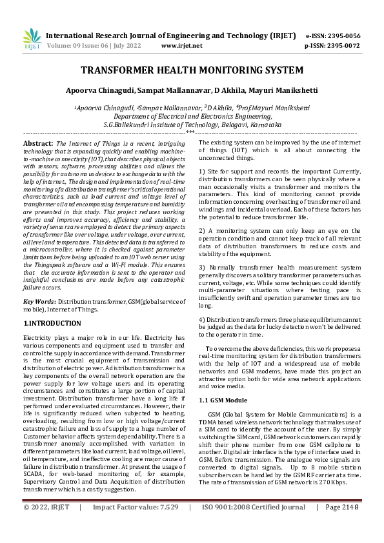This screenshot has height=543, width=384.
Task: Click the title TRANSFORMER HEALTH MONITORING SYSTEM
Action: click(x=192, y=70)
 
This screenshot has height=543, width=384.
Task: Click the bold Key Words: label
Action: click(x=40, y=302)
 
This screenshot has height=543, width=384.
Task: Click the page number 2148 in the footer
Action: click(x=342, y=526)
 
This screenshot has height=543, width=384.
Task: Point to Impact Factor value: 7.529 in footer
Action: click(x=136, y=526)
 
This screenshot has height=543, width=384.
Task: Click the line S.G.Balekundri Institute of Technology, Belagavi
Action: click(x=192, y=124)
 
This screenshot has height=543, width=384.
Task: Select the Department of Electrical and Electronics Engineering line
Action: click(x=192, y=116)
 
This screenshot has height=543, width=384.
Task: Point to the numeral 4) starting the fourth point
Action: click(x=202, y=319)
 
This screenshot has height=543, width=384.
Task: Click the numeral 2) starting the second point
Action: click(x=202, y=230)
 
